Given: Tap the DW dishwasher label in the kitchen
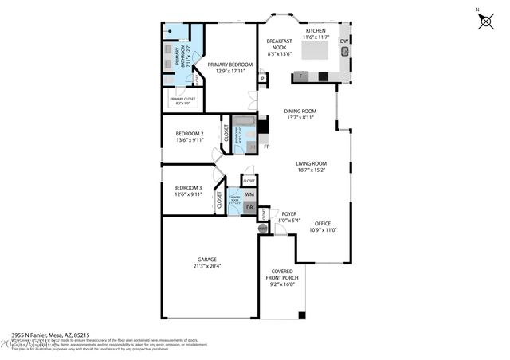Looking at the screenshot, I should tap(343, 41).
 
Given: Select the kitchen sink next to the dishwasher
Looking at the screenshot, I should tap(345, 53).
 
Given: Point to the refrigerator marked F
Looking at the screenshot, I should tap(300, 76).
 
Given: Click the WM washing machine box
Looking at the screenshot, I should tap(249, 194).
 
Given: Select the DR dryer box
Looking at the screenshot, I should tap(249, 208).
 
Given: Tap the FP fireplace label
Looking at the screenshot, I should tap(267, 147).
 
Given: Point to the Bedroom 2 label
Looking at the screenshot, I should tap(190, 133).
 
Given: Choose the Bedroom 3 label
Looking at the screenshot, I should tap(188, 188).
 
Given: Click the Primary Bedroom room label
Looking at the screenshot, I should tap(229, 64).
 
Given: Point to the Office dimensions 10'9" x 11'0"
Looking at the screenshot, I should tap(324, 230).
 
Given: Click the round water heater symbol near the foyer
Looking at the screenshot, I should tap(263, 228).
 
